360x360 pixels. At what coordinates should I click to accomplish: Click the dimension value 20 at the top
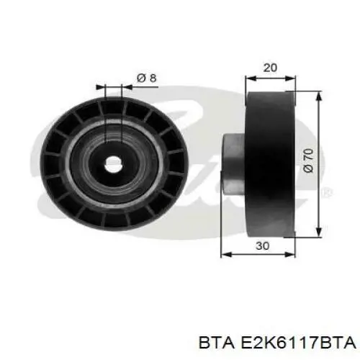tap(270, 68)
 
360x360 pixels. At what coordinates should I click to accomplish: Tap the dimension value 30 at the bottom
tap(263, 246)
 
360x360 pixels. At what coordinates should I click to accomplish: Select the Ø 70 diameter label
tap(308, 160)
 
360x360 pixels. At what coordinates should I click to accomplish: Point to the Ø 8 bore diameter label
tap(146, 78)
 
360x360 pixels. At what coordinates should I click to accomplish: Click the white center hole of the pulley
tap(113, 164)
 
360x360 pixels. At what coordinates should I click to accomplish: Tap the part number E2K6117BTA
tap(298, 343)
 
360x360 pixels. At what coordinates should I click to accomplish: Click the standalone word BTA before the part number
tap(217, 343)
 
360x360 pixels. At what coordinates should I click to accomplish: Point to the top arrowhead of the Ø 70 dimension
tap(318, 96)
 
